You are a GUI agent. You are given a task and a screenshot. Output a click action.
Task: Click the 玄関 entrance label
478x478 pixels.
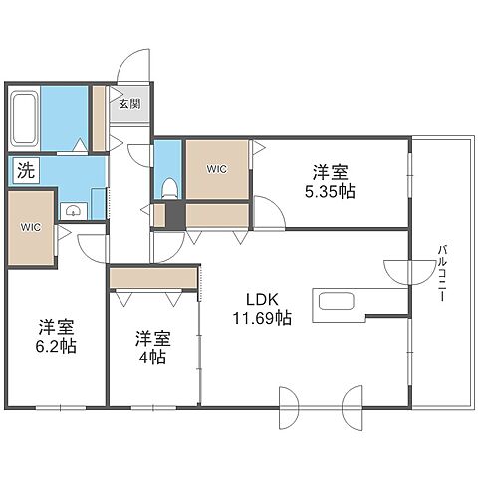pyautogui.click(x=130, y=104)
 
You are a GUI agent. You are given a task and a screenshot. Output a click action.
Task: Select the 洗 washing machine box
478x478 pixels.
pyautogui.click(x=26, y=171)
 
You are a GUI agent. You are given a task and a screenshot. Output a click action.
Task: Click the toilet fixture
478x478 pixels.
pyautogui.click(x=170, y=188)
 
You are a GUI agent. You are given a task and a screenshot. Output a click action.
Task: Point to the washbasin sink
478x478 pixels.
pyautogui.click(x=73, y=211)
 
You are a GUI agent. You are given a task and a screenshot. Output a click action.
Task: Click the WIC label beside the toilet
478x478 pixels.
pyautogui.click(x=217, y=169)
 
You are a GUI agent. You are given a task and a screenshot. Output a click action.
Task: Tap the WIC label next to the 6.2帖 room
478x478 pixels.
pyautogui.click(x=31, y=227)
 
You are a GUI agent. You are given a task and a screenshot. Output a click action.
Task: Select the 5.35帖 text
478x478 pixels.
pyautogui.click(x=330, y=192)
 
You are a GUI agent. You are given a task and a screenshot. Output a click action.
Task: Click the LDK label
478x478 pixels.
pyautogui.click(x=262, y=300)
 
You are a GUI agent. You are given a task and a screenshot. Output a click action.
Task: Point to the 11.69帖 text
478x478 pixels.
pyautogui.click(x=262, y=318)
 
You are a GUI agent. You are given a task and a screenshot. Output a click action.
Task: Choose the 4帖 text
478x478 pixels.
pyautogui.click(x=152, y=358)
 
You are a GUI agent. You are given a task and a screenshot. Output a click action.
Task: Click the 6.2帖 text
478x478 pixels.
pyautogui.click(x=56, y=346)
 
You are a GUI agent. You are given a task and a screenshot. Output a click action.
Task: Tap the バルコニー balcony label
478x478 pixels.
pyautogui.click(x=442, y=273)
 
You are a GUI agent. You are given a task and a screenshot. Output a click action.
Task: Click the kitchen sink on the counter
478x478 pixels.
pyautogui.click(x=337, y=301)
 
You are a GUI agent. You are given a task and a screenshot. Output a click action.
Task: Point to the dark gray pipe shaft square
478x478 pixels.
pyautogui.click(x=175, y=214)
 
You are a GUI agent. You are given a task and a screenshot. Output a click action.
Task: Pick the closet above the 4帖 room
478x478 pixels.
pyautogui.click(x=153, y=278)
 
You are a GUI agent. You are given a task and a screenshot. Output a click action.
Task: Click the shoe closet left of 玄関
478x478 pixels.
pyautogui.click(x=99, y=119)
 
